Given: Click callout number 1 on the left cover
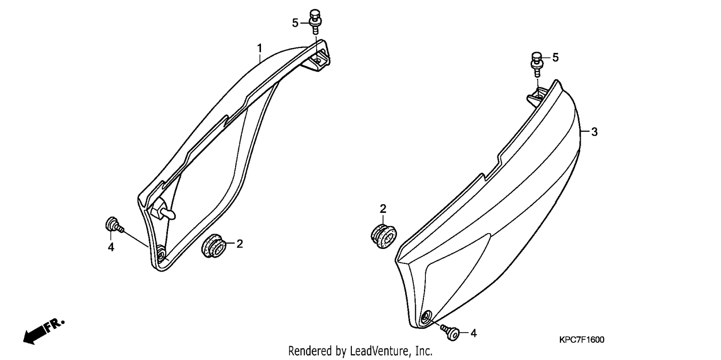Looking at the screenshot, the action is (x=260, y=48).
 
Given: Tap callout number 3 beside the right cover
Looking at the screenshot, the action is (x=594, y=132).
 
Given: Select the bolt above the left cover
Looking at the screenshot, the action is (x=315, y=22).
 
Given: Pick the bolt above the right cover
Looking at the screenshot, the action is (x=536, y=64).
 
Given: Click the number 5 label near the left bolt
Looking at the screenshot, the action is (x=295, y=23).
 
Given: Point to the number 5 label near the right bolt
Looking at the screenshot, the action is (x=556, y=58).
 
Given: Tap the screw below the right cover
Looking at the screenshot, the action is (x=450, y=332).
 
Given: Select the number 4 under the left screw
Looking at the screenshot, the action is (x=111, y=247).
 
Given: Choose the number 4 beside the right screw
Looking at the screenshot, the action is (x=473, y=333).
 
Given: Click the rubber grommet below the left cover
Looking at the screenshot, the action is (x=214, y=246).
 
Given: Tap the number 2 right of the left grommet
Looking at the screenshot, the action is (x=239, y=244).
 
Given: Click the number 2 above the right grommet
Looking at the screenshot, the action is (x=383, y=209).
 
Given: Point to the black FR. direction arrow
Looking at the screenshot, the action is (x=44, y=331).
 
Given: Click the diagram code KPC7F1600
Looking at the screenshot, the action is (x=582, y=340).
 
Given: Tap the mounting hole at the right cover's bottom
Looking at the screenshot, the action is (x=426, y=317).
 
